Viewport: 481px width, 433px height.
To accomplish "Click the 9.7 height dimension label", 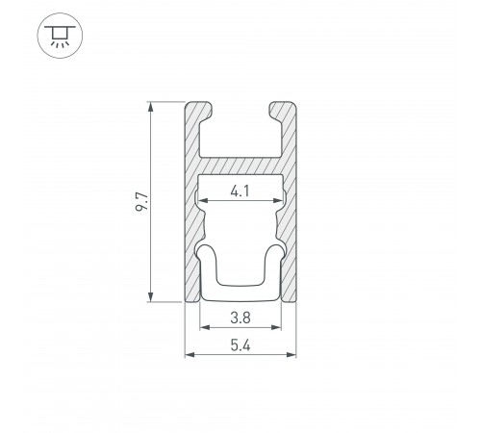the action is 142,202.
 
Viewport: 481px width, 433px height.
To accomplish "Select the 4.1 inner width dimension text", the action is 240,191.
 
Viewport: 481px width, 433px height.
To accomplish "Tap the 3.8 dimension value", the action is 240,318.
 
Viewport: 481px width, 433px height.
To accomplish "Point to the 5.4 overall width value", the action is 240,345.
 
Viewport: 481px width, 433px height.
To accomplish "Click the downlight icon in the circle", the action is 60,36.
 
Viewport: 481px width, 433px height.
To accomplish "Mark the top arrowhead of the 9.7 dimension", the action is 150,107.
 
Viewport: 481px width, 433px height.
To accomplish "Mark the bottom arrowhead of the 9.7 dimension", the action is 150,297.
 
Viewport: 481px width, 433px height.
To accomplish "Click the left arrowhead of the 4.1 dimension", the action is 203,201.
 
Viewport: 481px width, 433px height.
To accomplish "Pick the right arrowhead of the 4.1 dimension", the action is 278,201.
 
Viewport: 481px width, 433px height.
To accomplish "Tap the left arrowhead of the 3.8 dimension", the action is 205,327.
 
